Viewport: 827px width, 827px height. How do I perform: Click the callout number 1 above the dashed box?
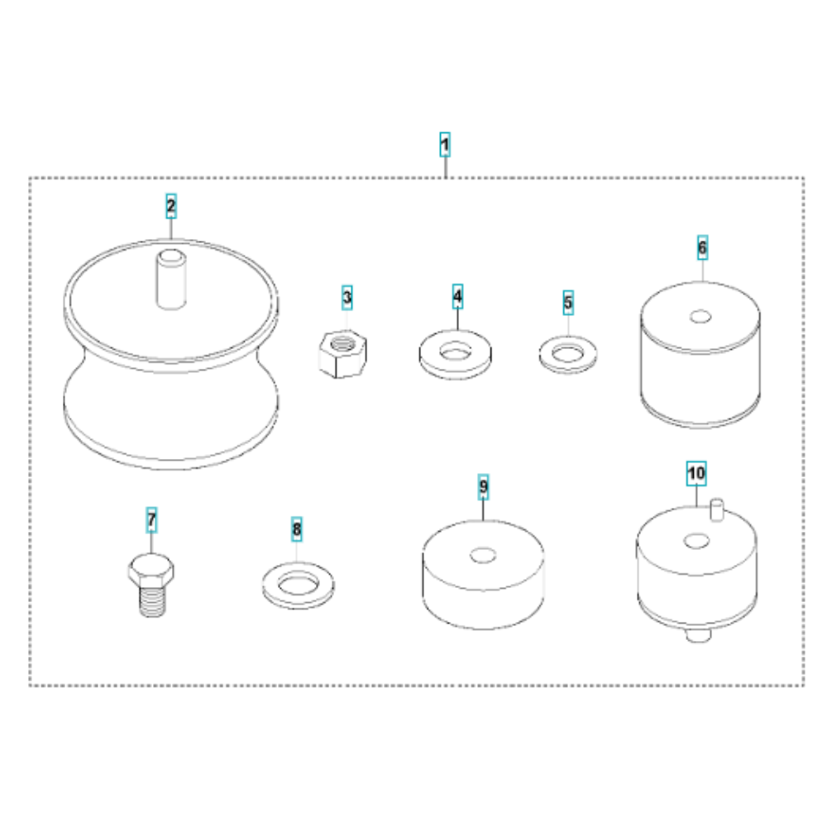pyautogui.click(x=445, y=145)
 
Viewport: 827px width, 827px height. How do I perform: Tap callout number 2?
pyautogui.click(x=171, y=206)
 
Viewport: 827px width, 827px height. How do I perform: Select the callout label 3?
pyautogui.click(x=347, y=298)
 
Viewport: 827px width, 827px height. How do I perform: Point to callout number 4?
pyautogui.click(x=457, y=296)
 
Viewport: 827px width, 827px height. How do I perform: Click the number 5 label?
pyautogui.click(x=567, y=303)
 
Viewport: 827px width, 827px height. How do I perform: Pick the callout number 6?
pyautogui.click(x=702, y=247)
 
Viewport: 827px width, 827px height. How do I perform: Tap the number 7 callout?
pyautogui.click(x=151, y=519)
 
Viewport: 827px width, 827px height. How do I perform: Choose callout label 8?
pyautogui.click(x=296, y=529)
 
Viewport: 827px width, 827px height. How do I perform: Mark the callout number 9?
pyautogui.click(x=483, y=487)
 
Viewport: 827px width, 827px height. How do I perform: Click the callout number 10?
pyautogui.click(x=696, y=473)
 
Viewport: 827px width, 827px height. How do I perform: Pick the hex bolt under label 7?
pyautogui.click(x=151, y=585)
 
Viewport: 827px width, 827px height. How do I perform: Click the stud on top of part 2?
pyautogui.click(x=171, y=280)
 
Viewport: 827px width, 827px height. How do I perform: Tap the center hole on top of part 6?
pyautogui.click(x=700, y=317)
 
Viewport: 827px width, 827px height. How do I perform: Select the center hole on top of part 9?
pyautogui.click(x=483, y=556)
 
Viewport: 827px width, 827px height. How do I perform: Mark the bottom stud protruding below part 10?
pyautogui.click(x=699, y=635)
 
